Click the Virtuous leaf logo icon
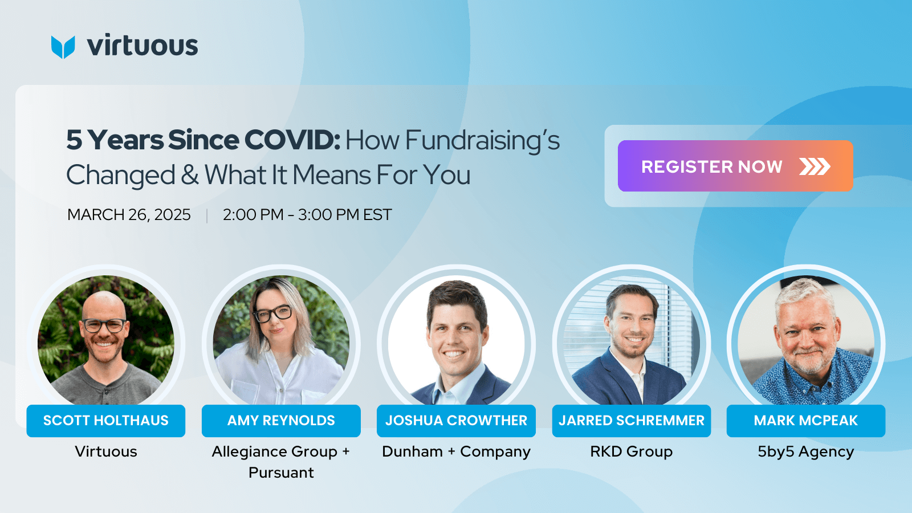tap(63, 47)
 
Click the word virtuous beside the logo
tap(142, 46)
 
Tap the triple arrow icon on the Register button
tap(815, 166)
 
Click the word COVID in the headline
tap(292, 140)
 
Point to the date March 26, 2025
tap(129, 215)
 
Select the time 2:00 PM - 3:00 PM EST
tap(307, 215)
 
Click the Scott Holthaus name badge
tap(106, 421)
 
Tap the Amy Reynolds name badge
tap(281, 421)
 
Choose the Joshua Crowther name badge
tap(456, 421)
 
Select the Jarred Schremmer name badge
tap(632, 421)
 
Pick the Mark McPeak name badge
tap(805, 421)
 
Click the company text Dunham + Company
tap(456, 451)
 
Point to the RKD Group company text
tap(632, 451)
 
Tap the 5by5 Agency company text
tap(805, 451)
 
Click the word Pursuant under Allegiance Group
tap(281, 473)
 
